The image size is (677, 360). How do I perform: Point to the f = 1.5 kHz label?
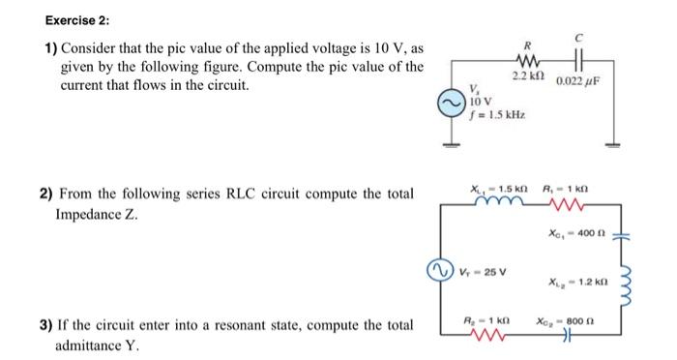pos(496,115)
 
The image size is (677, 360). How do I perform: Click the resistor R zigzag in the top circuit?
pos(527,58)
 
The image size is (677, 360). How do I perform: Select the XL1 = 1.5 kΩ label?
pos(492,190)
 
